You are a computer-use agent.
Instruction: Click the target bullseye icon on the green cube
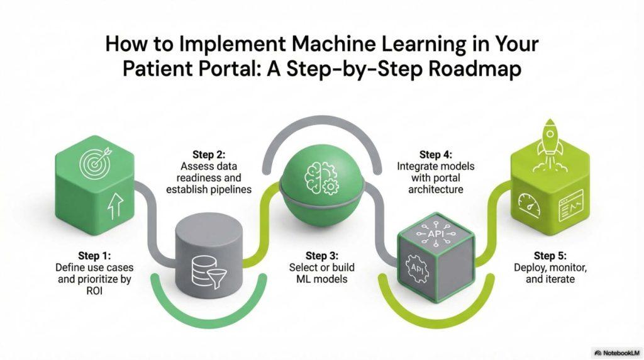click(95, 163)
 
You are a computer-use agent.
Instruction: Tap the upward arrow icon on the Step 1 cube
click(116, 206)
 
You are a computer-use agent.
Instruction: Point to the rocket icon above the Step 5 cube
click(550, 144)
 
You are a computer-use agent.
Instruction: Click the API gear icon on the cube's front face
click(418, 269)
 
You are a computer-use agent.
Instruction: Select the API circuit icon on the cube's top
click(436, 233)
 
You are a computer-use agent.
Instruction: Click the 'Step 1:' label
click(94, 256)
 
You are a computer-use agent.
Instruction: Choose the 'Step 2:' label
click(209, 155)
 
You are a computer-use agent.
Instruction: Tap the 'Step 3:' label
click(322, 256)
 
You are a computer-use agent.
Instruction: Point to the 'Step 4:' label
click(435, 155)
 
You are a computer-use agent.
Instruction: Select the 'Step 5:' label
click(550, 256)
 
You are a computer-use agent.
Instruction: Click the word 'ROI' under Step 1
click(94, 291)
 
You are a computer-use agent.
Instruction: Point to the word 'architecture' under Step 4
click(435, 189)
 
